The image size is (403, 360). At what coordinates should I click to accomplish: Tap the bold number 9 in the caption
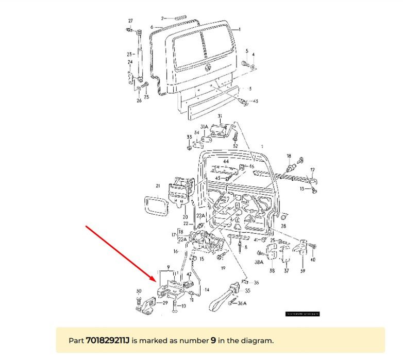tap(213, 340)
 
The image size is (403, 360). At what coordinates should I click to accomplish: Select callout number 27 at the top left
tap(130, 21)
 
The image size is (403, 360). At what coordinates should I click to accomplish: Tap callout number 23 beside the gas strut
tap(129, 54)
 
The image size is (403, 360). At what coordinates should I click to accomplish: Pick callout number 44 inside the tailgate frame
tap(225, 161)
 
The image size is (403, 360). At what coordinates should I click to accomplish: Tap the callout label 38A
tap(259, 262)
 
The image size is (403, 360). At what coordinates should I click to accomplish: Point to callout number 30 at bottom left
tap(138, 292)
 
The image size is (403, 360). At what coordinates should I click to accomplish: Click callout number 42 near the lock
tap(189, 275)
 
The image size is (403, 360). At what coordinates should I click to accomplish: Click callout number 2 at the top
tap(162, 18)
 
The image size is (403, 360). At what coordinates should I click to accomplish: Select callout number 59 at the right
tap(303, 270)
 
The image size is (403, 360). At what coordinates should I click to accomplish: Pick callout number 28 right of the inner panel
tap(283, 226)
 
